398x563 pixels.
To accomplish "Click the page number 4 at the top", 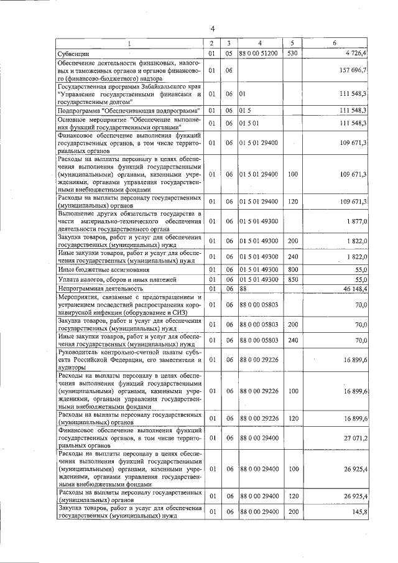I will (212, 29).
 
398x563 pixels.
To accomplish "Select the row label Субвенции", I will (73, 54).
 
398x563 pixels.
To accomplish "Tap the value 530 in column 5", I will (292, 54).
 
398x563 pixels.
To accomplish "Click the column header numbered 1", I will (129, 43).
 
